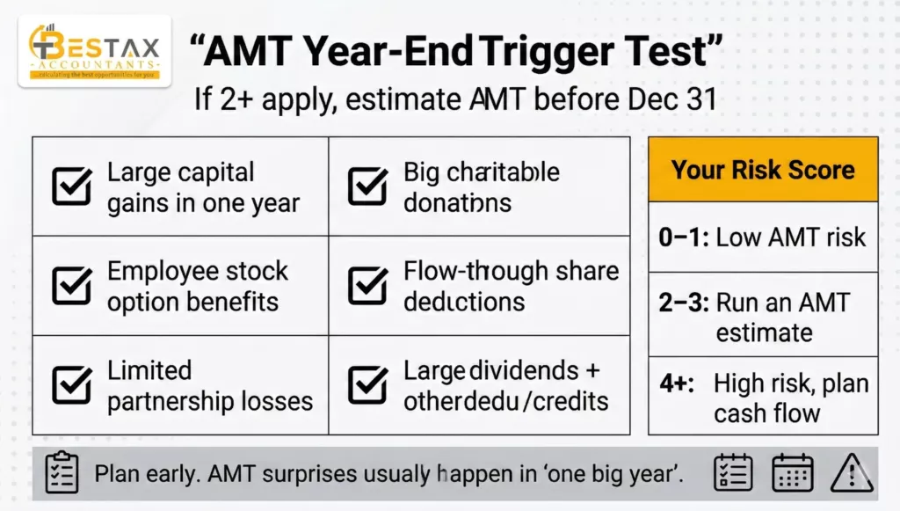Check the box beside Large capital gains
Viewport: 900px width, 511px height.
71,186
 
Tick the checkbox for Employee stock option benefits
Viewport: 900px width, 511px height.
71,286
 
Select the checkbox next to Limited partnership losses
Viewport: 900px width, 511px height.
71,384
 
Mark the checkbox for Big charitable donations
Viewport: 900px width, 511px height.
367,186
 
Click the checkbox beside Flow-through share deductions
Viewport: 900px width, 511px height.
367,286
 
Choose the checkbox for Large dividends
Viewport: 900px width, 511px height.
367,384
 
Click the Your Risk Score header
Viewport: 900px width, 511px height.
762,170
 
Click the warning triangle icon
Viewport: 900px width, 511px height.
850,473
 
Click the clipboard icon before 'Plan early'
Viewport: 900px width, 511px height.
62,473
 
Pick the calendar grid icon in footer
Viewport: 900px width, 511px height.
792,473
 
